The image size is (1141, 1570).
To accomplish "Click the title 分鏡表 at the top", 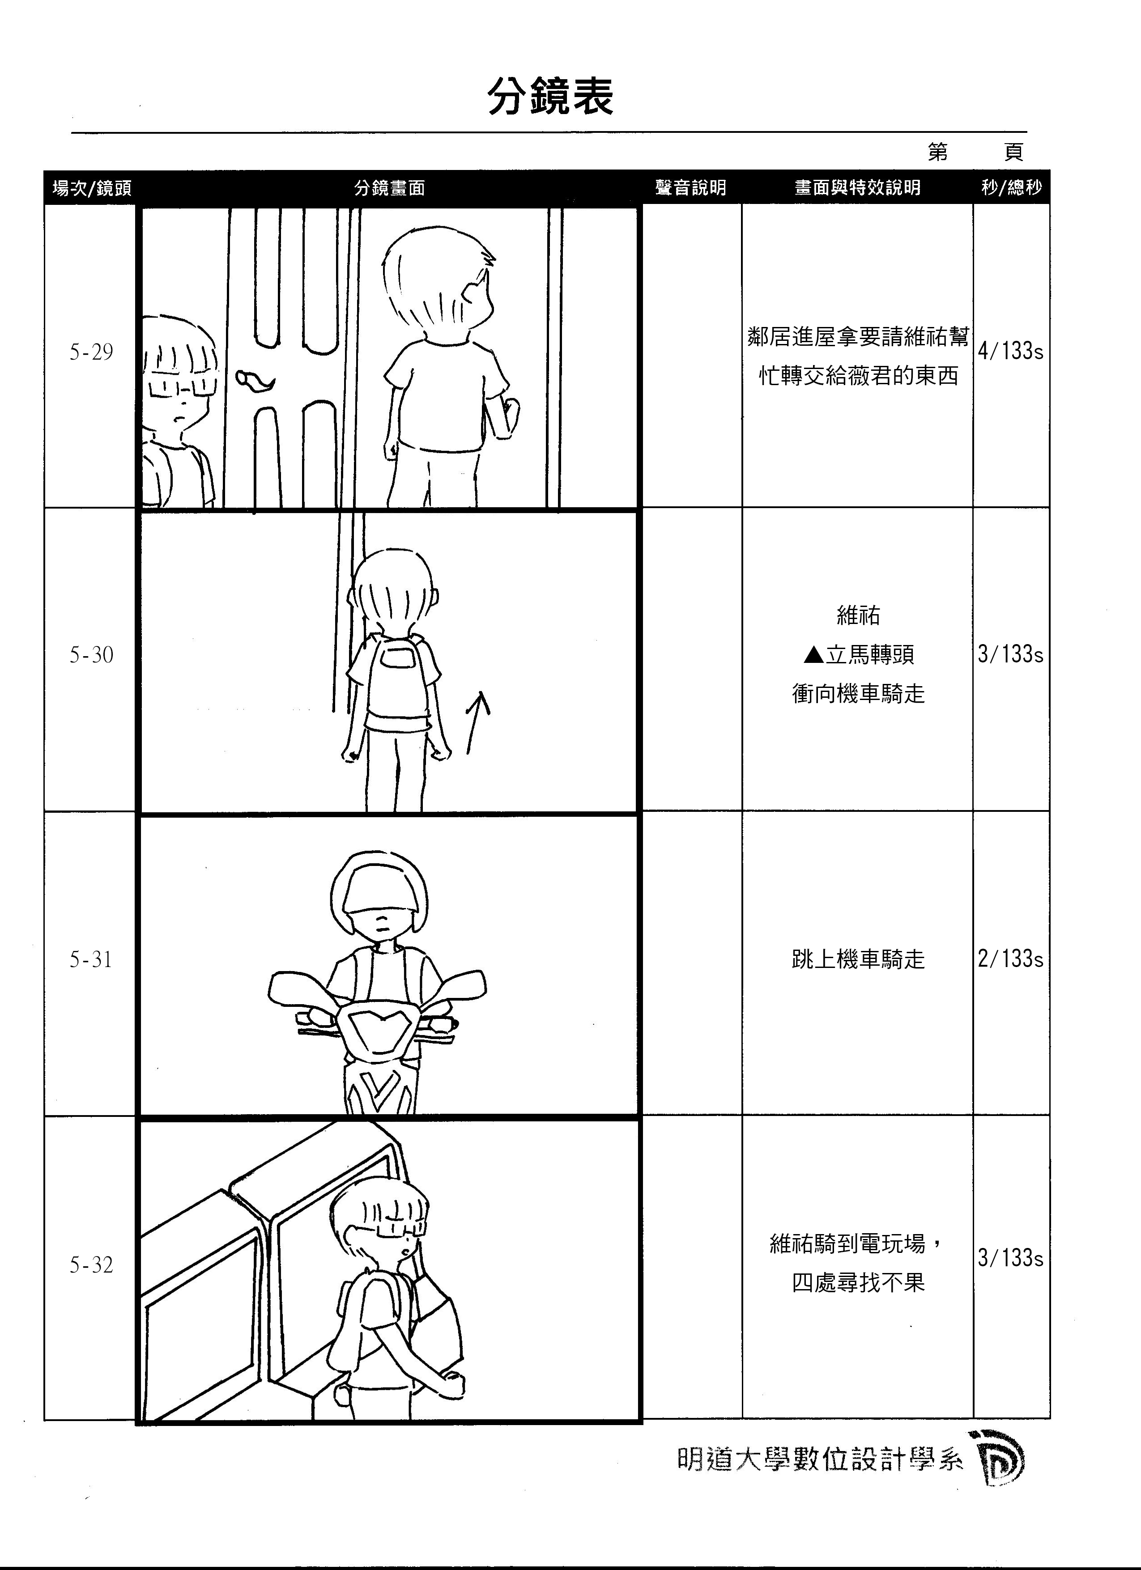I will pyautogui.click(x=550, y=97).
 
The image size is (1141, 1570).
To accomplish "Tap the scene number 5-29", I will pyautogui.click(x=91, y=352).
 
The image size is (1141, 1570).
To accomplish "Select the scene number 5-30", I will pyautogui.click(x=91, y=655).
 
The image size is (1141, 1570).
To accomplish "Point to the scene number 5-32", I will pyautogui.click(x=91, y=1265).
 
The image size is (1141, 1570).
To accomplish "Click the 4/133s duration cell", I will pyautogui.click(x=1010, y=351).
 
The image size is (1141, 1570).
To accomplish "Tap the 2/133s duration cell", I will pyautogui.click(x=1010, y=959).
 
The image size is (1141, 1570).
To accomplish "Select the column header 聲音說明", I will pyautogui.click(x=690, y=187).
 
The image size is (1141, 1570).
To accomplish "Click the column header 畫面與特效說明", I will pyautogui.click(x=857, y=187).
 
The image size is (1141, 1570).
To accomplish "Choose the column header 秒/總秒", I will pyautogui.click(x=1011, y=187).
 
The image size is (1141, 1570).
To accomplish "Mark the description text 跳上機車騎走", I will pyautogui.click(x=858, y=959).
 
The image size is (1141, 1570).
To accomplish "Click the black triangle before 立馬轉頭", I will pyautogui.click(x=814, y=654).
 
